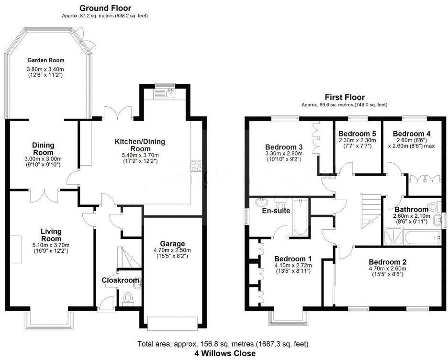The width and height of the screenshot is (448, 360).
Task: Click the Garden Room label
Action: (x=45, y=60)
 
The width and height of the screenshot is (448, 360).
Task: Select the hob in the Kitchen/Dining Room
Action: (x=196, y=166)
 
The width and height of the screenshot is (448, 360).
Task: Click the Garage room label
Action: (x=172, y=244)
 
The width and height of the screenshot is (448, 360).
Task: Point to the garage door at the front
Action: (x=173, y=323)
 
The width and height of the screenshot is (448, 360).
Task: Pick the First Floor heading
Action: (x=345, y=97)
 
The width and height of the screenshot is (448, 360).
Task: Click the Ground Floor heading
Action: (x=105, y=8)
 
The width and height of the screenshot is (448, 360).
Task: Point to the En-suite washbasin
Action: (x=262, y=202)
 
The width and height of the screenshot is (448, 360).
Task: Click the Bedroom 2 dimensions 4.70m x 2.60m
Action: (x=387, y=269)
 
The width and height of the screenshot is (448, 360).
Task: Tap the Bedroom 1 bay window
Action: (x=287, y=319)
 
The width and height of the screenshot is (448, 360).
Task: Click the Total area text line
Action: (x=223, y=344)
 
